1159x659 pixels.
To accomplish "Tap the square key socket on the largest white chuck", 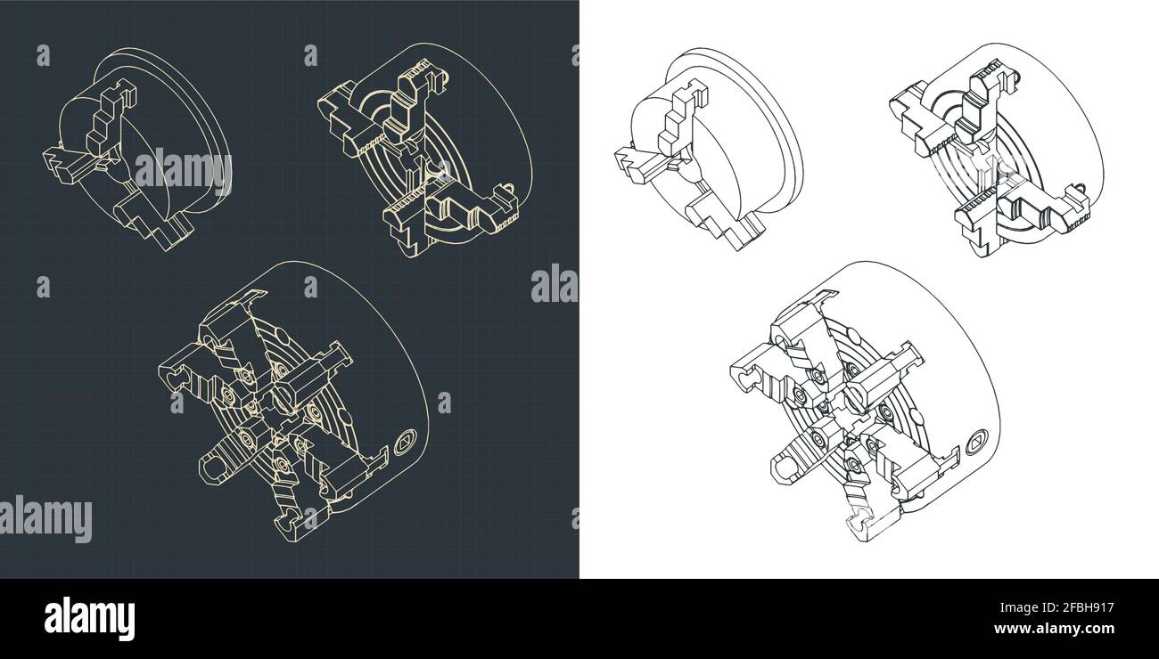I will [x=977, y=439].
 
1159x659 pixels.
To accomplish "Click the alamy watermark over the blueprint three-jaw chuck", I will [x=183, y=169].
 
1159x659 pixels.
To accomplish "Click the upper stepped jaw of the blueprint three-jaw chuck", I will [x=111, y=116].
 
